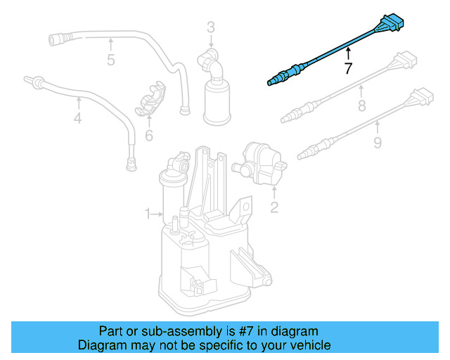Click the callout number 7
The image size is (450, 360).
click(347, 68)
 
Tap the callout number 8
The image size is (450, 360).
click(362, 106)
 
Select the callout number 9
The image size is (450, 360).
click(377, 143)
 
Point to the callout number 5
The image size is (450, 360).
click(110, 60)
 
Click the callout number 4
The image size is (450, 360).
click(77, 119)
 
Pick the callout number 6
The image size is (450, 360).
click(149, 135)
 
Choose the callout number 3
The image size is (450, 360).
click(211, 28)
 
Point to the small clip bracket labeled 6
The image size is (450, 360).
click(150, 101)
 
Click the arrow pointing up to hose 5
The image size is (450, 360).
click(110, 44)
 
